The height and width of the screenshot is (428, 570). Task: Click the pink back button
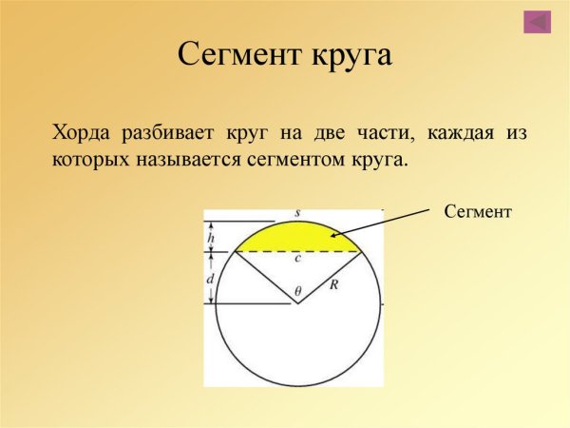point(537,22)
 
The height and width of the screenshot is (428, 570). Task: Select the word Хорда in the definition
point(81,133)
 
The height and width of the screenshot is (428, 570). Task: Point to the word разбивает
point(167,133)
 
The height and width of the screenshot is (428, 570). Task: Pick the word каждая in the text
point(460,133)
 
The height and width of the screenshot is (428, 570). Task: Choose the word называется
point(188,160)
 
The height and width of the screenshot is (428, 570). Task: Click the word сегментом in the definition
point(295,160)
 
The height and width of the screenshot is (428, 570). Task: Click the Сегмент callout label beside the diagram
point(478,211)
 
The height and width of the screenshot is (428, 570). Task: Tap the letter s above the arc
point(297,213)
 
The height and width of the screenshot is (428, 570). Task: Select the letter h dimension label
point(211,238)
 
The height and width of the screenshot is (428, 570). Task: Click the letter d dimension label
point(210,279)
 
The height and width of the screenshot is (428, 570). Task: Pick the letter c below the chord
point(297,259)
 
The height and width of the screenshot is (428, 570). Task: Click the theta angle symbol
point(298,291)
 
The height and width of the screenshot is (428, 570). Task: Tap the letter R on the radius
point(333,284)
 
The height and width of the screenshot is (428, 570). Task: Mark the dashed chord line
point(298,252)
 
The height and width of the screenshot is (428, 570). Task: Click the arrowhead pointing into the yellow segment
point(333,235)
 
